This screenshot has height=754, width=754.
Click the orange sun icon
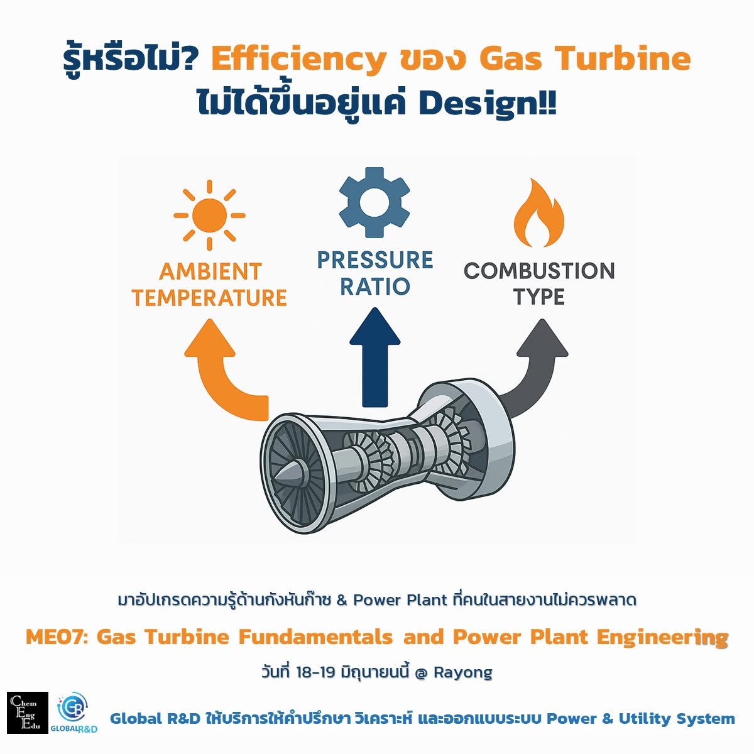209,215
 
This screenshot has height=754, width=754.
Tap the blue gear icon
374,202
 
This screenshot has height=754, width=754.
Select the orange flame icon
538,213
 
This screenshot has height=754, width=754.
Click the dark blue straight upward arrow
375,357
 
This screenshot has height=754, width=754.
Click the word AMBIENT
210,271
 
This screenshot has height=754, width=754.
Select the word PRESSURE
375,260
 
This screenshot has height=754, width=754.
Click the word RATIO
375,286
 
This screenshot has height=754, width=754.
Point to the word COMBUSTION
539,271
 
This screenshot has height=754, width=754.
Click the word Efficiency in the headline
299,60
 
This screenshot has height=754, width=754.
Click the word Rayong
463,672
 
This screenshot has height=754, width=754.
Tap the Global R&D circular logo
74,709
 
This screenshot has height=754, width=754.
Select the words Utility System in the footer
677,719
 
